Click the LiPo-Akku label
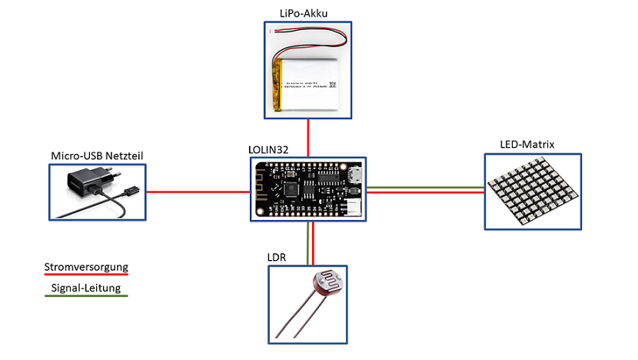tap(307, 12)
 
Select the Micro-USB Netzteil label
tap(97, 157)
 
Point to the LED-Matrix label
tap(527, 144)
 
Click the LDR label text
tap(278, 258)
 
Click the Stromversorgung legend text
tap(85, 268)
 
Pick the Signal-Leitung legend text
tap(85, 289)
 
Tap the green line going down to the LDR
tap(307, 243)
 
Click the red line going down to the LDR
tap(312, 243)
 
